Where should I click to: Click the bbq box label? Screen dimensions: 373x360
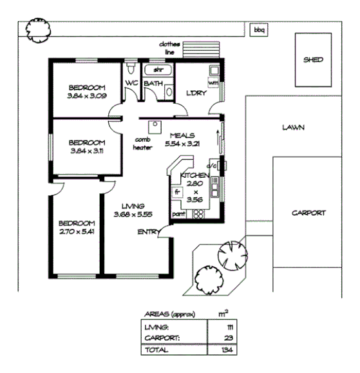259,30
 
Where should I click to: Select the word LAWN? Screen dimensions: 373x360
293,128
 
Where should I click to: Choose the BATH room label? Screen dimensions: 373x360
153,84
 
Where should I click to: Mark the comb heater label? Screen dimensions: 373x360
142,143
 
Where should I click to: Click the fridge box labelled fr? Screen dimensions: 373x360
176,192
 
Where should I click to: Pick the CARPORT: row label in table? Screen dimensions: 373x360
158,338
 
